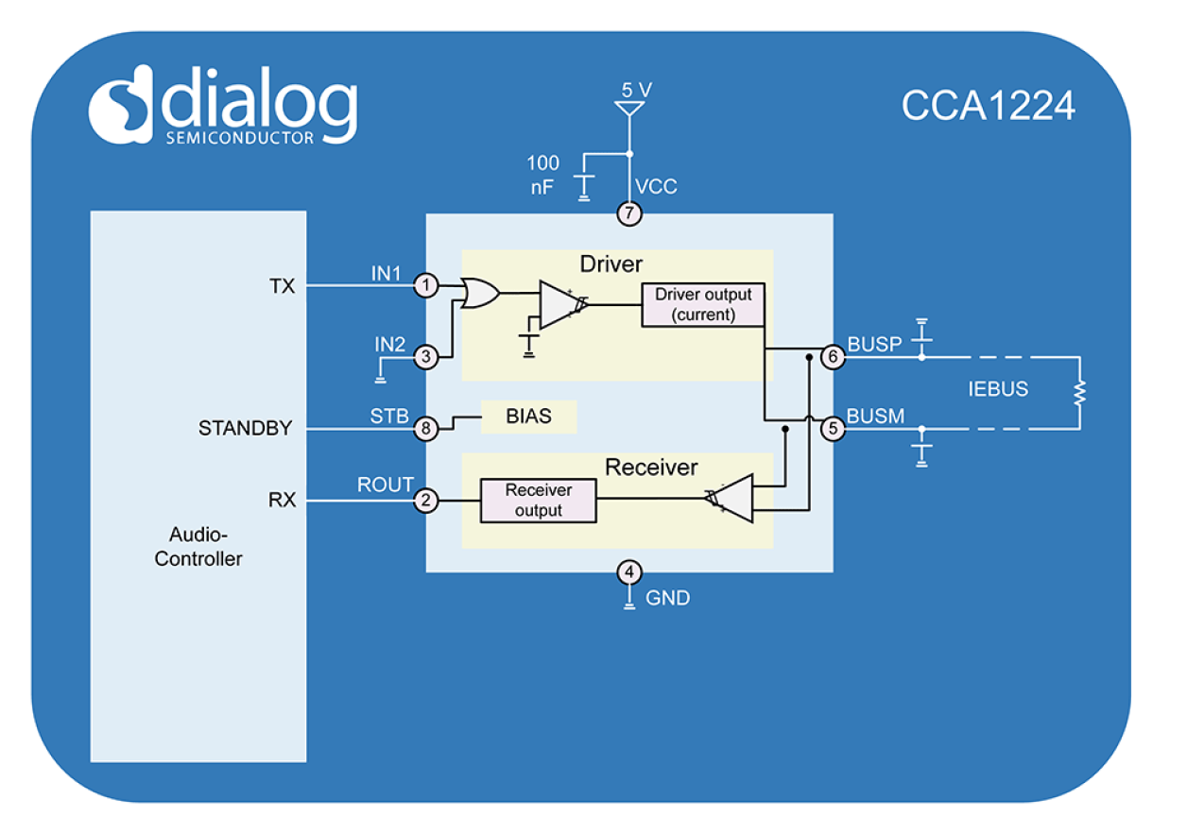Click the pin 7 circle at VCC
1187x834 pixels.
pyautogui.click(x=629, y=214)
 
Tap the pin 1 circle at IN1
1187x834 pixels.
pyautogui.click(x=427, y=285)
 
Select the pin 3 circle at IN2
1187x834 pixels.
pyautogui.click(x=427, y=357)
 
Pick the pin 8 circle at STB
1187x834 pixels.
pyautogui.click(x=427, y=429)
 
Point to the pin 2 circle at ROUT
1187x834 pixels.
pyautogui.click(x=427, y=501)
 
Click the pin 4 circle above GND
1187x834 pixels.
pyautogui.click(x=629, y=572)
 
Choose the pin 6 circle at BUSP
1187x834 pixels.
pyautogui.click(x=833, y=357)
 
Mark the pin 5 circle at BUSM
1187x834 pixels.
pyautogui.click(x=833, y=429)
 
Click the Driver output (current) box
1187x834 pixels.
pyautogui.click(x=702, y=304)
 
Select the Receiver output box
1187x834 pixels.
pyautogui.click(x=539, y=501)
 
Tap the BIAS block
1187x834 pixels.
pyautogui.click(x=528, y=417)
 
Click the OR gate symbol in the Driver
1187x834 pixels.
pyautogui.click(x=480, y=293)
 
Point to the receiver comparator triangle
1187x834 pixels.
pyautogui.click(x=733, y=499)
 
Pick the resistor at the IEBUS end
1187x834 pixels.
pyautogui.click(x=1078, y=392)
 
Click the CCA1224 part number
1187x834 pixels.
pyautogui.click(x=988, y=106)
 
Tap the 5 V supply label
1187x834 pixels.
pyautogui.click(x=636, y=90)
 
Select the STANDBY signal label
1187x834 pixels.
pyautogui.click(x=245, y=429)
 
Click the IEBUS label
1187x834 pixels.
pyautogui.click(x=998, y=389)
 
